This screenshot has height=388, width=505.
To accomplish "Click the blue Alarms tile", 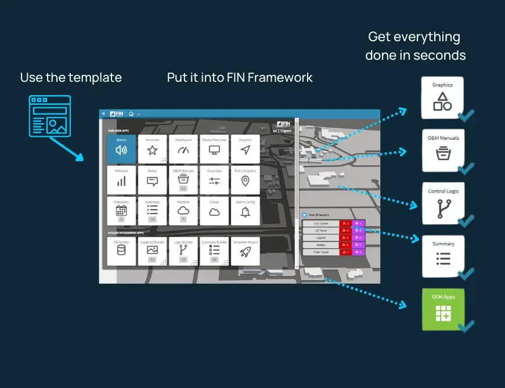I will pyautogui.click(x=121, y=150).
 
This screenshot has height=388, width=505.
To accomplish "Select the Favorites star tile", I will pyautogui.click(x=152, y=150).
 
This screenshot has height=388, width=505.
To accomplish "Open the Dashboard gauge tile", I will pyautogui.click(x=183, y=150).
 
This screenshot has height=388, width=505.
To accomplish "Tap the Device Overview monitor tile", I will pyautogui.click(x=214, y=150).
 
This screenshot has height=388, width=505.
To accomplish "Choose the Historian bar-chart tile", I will pyautogui.click(x=121, y=180).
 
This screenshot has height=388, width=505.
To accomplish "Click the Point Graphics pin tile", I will pyautogui.click(x=245, y=180).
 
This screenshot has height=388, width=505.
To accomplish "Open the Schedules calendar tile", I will pyautogui.click(x=121, y=211).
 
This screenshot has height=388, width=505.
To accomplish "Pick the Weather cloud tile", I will pyautogui.click(x=183, y=211).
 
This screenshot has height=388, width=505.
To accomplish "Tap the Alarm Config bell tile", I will pyautogui.click(x=245, y=211).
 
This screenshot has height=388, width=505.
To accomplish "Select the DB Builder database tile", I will pyautogui.click(x=121, y=251).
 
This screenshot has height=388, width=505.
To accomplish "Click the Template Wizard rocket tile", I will pyautogui.click(x=245, y=251).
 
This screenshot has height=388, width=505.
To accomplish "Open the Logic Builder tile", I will pyautogui.click(x=183, y=251).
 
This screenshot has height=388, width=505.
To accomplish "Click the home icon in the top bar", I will pyautogui.click(x=131, y=114).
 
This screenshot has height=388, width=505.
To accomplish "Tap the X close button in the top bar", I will pyautogui.click(x=103, y=114).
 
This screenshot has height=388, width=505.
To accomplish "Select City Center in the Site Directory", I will pyautogui.click(x=321, y=223).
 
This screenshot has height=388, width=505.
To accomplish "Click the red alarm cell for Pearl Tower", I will pyautogui.click(x=345, y=252).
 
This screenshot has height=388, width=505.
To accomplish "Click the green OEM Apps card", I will pyautogui.click(x=442, y=309).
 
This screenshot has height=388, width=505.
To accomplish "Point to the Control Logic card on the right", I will pyautogui.click(x=442, y=203).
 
